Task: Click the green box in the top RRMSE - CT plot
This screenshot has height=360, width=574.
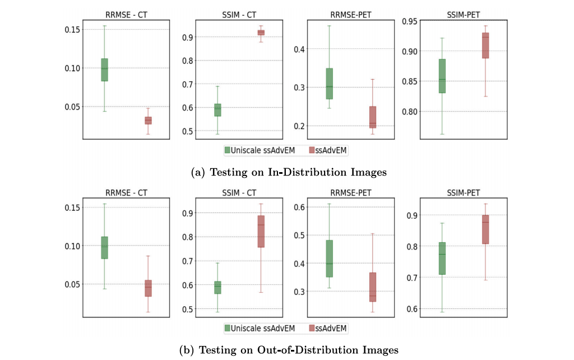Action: coord(104,70)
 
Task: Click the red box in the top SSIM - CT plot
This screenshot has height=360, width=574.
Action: coord(261,33)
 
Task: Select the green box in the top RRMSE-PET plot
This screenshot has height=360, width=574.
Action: coord(329,84)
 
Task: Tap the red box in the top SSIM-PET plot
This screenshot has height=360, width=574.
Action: coord(485,45)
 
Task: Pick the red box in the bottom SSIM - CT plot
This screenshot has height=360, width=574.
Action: coord(261,231)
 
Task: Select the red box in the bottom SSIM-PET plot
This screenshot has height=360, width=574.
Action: coord(485,229)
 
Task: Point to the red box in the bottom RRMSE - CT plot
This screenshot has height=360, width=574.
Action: coord(148,288)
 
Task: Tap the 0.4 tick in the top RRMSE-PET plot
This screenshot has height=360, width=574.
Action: coord(300,49)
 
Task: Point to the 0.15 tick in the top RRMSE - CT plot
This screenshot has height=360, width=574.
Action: coord(73,29)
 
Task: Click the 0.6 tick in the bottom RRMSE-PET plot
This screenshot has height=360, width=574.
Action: coord(300,207)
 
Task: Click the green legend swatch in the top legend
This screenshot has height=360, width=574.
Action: coord(228,150)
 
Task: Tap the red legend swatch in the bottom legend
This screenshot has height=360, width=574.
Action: coord(312,327)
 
